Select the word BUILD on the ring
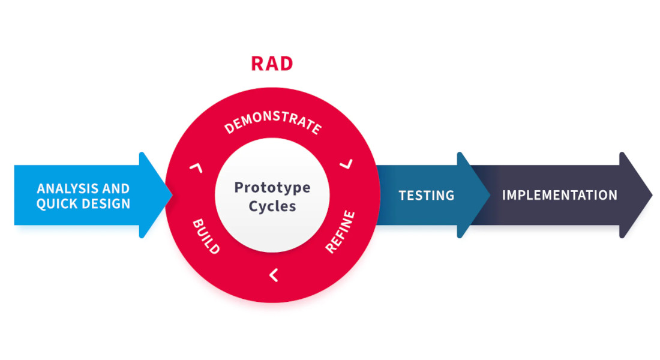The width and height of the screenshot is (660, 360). tap(205, 236)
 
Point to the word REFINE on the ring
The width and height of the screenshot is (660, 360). tap(340, 232)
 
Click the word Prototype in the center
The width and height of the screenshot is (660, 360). tap(272, 187)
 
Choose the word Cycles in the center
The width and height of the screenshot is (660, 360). tap(272, 206)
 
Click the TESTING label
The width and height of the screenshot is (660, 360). tap(427, 196)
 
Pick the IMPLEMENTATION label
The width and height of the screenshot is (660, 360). tap(559, 196)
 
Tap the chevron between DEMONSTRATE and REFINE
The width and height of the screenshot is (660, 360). tap(347, 163)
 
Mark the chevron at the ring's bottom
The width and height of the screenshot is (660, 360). tap(273, 275)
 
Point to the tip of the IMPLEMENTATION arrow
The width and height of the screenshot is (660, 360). tap(651, 195)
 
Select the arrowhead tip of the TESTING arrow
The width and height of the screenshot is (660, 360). tap(489, 195)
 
